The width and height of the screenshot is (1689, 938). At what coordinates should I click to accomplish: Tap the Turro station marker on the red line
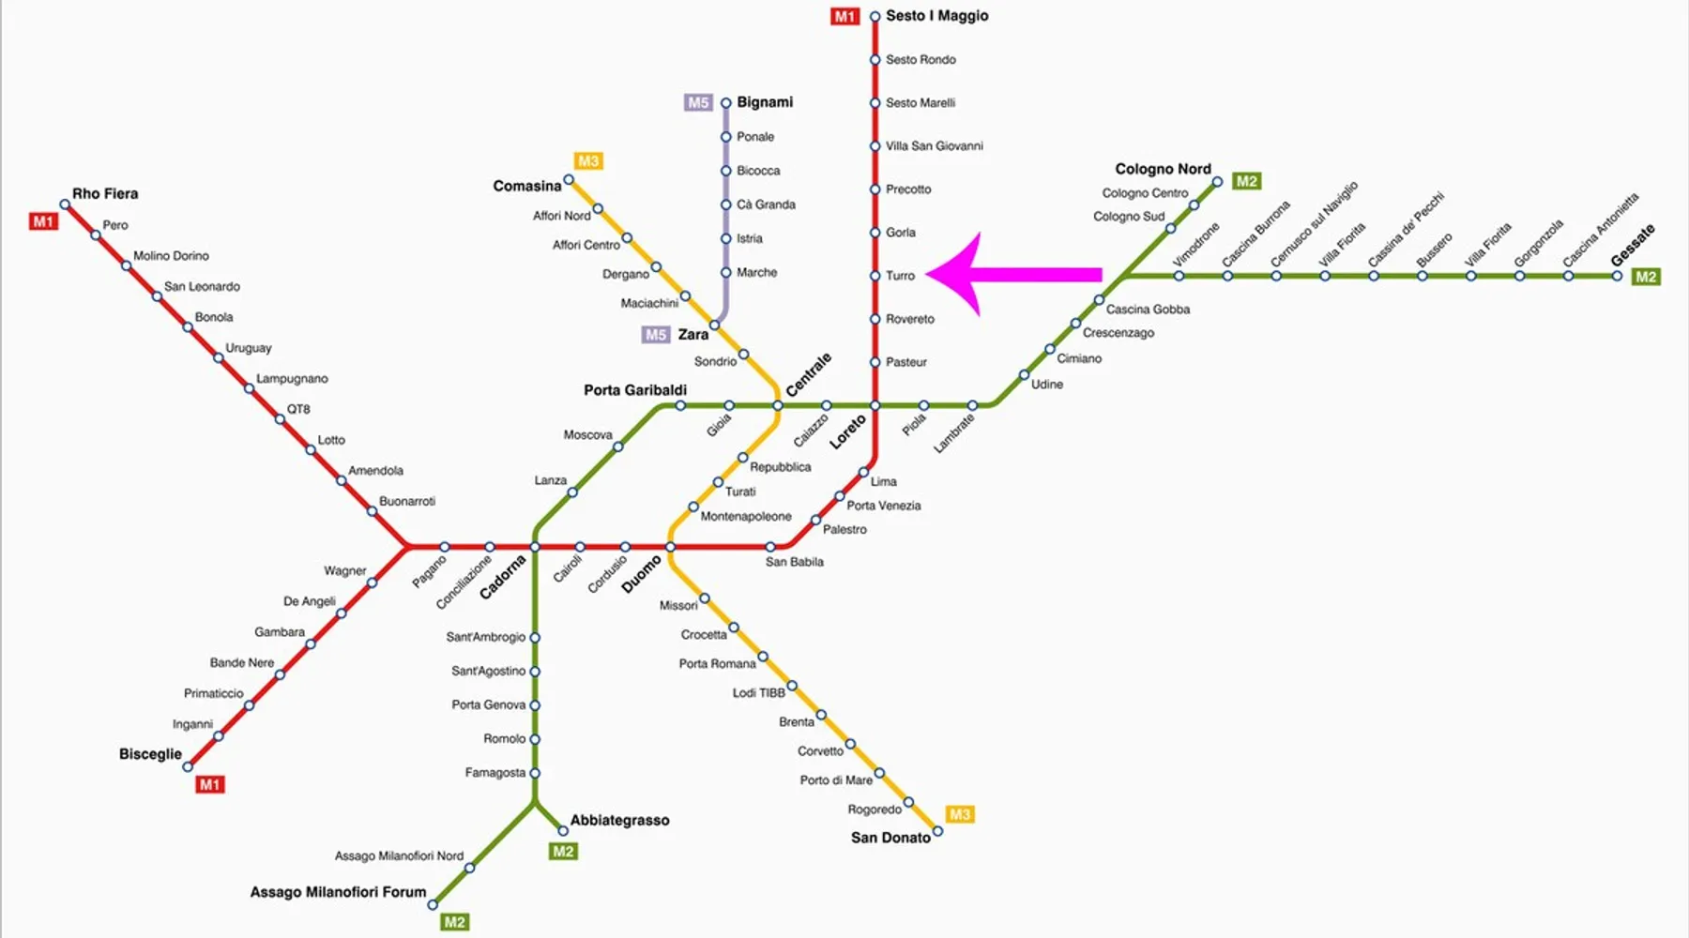[x=875, y=276]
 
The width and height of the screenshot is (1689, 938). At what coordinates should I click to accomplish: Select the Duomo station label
[x=642, y=573]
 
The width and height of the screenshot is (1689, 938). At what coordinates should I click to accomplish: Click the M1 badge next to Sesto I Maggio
[x=844, y=17]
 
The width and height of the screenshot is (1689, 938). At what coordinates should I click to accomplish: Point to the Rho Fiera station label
[x=105, y=194]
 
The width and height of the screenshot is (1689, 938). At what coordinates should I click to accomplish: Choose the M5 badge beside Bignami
[x=698, y=103]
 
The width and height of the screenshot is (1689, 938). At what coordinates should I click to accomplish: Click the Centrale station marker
[x=777, y=405]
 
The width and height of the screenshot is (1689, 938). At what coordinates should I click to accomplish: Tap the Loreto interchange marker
[x=875, y=405]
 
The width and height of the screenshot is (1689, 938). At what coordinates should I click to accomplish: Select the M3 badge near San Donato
[x=959, y=814]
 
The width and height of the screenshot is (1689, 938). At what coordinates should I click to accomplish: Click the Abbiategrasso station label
[x=619, y=821]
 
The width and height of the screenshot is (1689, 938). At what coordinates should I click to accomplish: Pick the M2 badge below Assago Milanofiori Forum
[x=454, y=922]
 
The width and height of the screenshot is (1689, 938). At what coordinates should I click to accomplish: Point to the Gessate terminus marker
[x=1617, y=276]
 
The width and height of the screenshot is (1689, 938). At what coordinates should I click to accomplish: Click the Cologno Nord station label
[x=1163, y=170]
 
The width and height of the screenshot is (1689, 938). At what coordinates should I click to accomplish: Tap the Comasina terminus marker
[x=569, y=180]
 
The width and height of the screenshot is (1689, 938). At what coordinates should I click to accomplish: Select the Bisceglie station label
[x=150, y=754]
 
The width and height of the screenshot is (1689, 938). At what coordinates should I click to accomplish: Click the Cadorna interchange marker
[x=535, y=547]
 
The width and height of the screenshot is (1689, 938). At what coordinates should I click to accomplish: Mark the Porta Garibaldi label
[x=635, y=390]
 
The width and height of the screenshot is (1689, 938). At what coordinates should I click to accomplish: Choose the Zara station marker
[x=714, y=325]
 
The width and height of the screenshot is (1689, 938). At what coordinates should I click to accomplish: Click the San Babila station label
[x=794, y=562]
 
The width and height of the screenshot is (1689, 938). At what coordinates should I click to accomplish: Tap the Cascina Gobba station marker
[x=1099, y=300]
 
